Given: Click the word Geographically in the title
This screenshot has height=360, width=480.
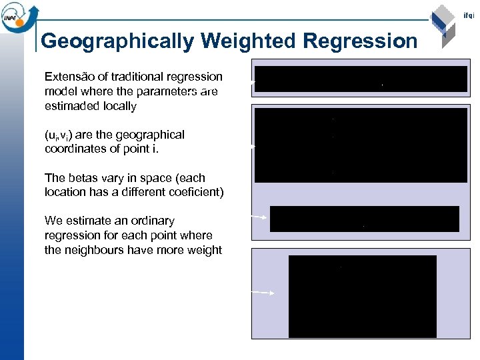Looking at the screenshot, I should click(117, 41).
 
